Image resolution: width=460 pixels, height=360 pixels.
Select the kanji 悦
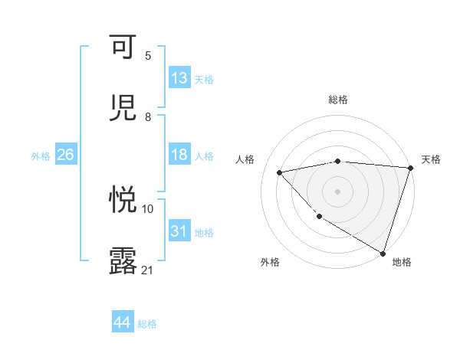(x=123, y=200)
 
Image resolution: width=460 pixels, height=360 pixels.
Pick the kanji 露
(x=123, y=260)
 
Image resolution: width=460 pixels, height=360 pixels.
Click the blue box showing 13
(x=179, y=78)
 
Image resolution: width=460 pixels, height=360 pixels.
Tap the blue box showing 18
(x=179, y=155)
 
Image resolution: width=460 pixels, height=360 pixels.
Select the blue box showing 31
(x=179, y=231)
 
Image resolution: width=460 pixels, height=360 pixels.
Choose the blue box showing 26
(x=65, y=155)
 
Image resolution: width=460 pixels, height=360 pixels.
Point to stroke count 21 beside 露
(x=148, y=270)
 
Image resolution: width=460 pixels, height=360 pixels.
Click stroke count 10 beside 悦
(x=148, y=208)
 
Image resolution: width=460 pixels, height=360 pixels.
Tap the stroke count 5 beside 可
(x=148, y=56)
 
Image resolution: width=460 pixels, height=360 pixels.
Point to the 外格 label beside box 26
(x=41, y=156)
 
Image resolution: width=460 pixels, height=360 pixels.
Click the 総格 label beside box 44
(x=147, y=324)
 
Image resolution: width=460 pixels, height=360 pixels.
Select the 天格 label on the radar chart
(x=431, y=159)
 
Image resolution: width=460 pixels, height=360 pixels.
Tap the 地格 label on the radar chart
(x=402, y=263)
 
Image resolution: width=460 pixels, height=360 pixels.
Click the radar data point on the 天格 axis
(x=410, y=168)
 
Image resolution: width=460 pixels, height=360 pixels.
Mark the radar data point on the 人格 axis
(x=280, y=172)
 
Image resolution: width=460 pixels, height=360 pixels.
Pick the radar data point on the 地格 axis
(x=383, y=253)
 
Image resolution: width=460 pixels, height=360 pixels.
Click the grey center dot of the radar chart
(x=337, y=191)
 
